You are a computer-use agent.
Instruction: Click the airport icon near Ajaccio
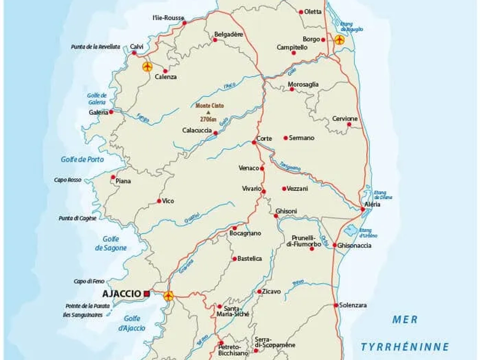click(x=169, y=296)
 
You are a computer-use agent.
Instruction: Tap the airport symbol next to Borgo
click(x=339, y=39)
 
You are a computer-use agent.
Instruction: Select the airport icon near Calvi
click(x=148, y=67)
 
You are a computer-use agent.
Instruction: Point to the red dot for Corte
click(x=254, y=142)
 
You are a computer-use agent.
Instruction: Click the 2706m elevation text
click(x=208, y=120)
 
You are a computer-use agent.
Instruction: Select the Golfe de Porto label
click(x=82, y=159)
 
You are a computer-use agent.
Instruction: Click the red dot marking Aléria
click(x=363, y=209)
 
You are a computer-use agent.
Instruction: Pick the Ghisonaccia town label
click(x=354, y=246)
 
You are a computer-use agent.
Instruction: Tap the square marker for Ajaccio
click(x=147, y=294)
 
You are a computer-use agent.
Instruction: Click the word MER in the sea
click(x=405, y=320)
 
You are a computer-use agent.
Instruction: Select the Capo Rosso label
click(x=67, y=180)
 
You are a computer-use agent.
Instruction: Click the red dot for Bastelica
click(x=235, y=259)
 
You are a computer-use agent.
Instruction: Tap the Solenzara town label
click(x=353, y=305)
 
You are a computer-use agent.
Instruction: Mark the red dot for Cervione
click(x=349, y=124)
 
